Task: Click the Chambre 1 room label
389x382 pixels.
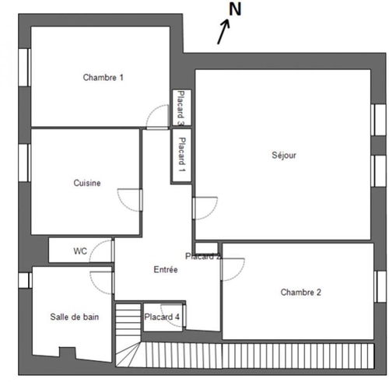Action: coord(103,77)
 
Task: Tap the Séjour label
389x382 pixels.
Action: coord(284,155)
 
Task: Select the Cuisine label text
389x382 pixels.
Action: coord(87,183)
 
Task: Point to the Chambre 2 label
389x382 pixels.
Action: coord(301,293)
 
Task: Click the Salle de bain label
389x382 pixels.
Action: coord(75,317)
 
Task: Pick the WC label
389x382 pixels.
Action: coord(80,251)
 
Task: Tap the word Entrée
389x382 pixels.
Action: coord(166,269)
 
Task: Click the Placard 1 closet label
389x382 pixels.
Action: coord(182,155)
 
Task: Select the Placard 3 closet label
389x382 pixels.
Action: coord(181,108)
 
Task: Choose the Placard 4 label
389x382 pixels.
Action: coord(162,317)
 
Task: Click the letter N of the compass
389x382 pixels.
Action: coord(235,9)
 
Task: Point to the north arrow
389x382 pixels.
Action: coord(223,32)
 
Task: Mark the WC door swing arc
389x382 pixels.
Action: coord(95,247)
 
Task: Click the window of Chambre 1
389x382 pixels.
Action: coord(25,68)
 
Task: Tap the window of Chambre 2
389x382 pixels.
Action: coord(380,286)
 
